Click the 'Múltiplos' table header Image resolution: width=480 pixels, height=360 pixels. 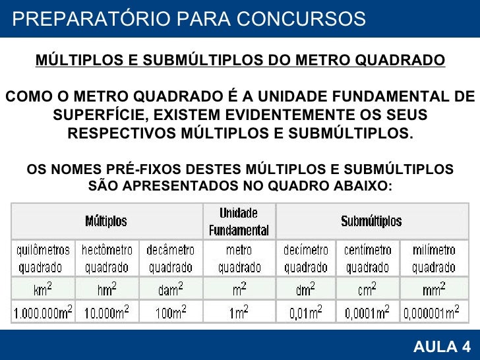[x=106, y=222]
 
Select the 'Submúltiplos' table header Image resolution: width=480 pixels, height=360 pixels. [x=371, y=222]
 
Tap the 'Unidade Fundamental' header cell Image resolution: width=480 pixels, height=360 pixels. [x=239, y=222]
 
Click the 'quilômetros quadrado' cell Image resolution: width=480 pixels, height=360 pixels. [x=43, y=259]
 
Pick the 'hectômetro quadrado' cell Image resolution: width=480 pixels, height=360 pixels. [x=107, y=259]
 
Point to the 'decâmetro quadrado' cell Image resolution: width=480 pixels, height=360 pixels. [x=170, y=259]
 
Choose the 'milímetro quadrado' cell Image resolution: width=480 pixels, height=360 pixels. [x=433, y=259]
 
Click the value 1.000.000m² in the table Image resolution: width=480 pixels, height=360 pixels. [x=43, y=312]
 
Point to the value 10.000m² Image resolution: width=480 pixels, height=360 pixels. [x=107, y=312]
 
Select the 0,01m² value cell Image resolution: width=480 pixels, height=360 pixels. [x=305, y=312]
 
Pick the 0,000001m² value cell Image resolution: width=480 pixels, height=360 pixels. [x=433, y=312]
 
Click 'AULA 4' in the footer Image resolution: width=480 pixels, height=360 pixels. [x=441, y=347]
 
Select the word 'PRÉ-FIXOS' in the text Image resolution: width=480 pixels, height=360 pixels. [x=141, y=169]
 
